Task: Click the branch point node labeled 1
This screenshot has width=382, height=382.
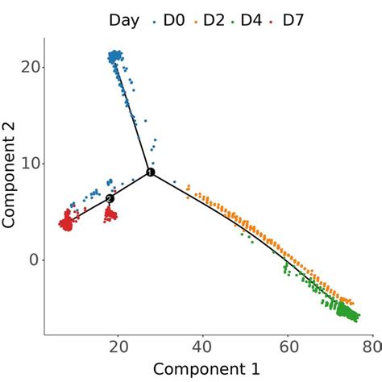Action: tap(150, 172)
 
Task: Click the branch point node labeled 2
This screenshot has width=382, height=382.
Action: tap(110, 198)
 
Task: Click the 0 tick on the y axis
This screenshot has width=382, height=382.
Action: tap(32, 260)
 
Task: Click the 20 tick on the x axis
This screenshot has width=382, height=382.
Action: tap(118, 347)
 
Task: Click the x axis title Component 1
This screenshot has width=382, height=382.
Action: tap(206, 369)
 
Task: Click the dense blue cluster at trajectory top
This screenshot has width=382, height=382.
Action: tap(116, 56)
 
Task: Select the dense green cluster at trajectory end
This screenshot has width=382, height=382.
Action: tap(347, 310)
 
